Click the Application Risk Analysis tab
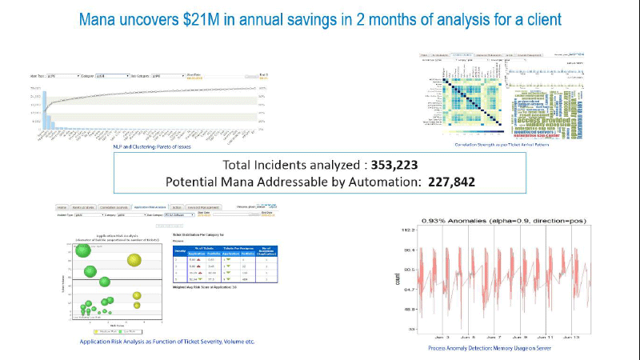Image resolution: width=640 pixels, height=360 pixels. point(149,206)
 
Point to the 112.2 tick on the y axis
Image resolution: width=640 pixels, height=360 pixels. point(408,229)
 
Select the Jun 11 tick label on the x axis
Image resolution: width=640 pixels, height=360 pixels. point(544,338)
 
